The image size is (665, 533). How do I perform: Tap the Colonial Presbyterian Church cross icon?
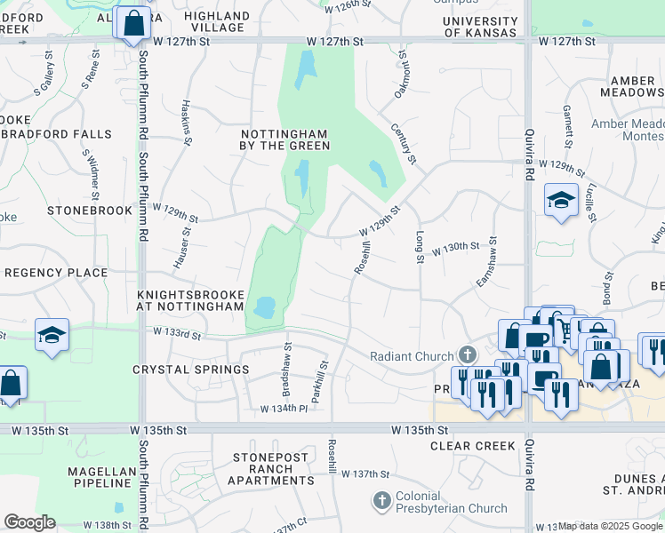click(x=382, y=501)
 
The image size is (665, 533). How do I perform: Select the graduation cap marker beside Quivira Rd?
click(x=562, y=201)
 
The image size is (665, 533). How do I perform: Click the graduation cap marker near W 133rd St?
click(x=52, y=336)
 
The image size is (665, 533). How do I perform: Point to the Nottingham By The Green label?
click(x=285, y=139)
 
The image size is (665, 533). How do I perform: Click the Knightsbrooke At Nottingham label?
click(x=190, y=299)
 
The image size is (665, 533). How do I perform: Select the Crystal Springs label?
click(x=190, y=370)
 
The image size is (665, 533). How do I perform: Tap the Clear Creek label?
click(x=471, y=446)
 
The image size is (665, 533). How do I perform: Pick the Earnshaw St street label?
click(x=487, y=261)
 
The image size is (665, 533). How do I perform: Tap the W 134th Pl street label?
click(x=284, y=409)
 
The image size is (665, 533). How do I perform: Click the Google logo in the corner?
click(x=29, y=522)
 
